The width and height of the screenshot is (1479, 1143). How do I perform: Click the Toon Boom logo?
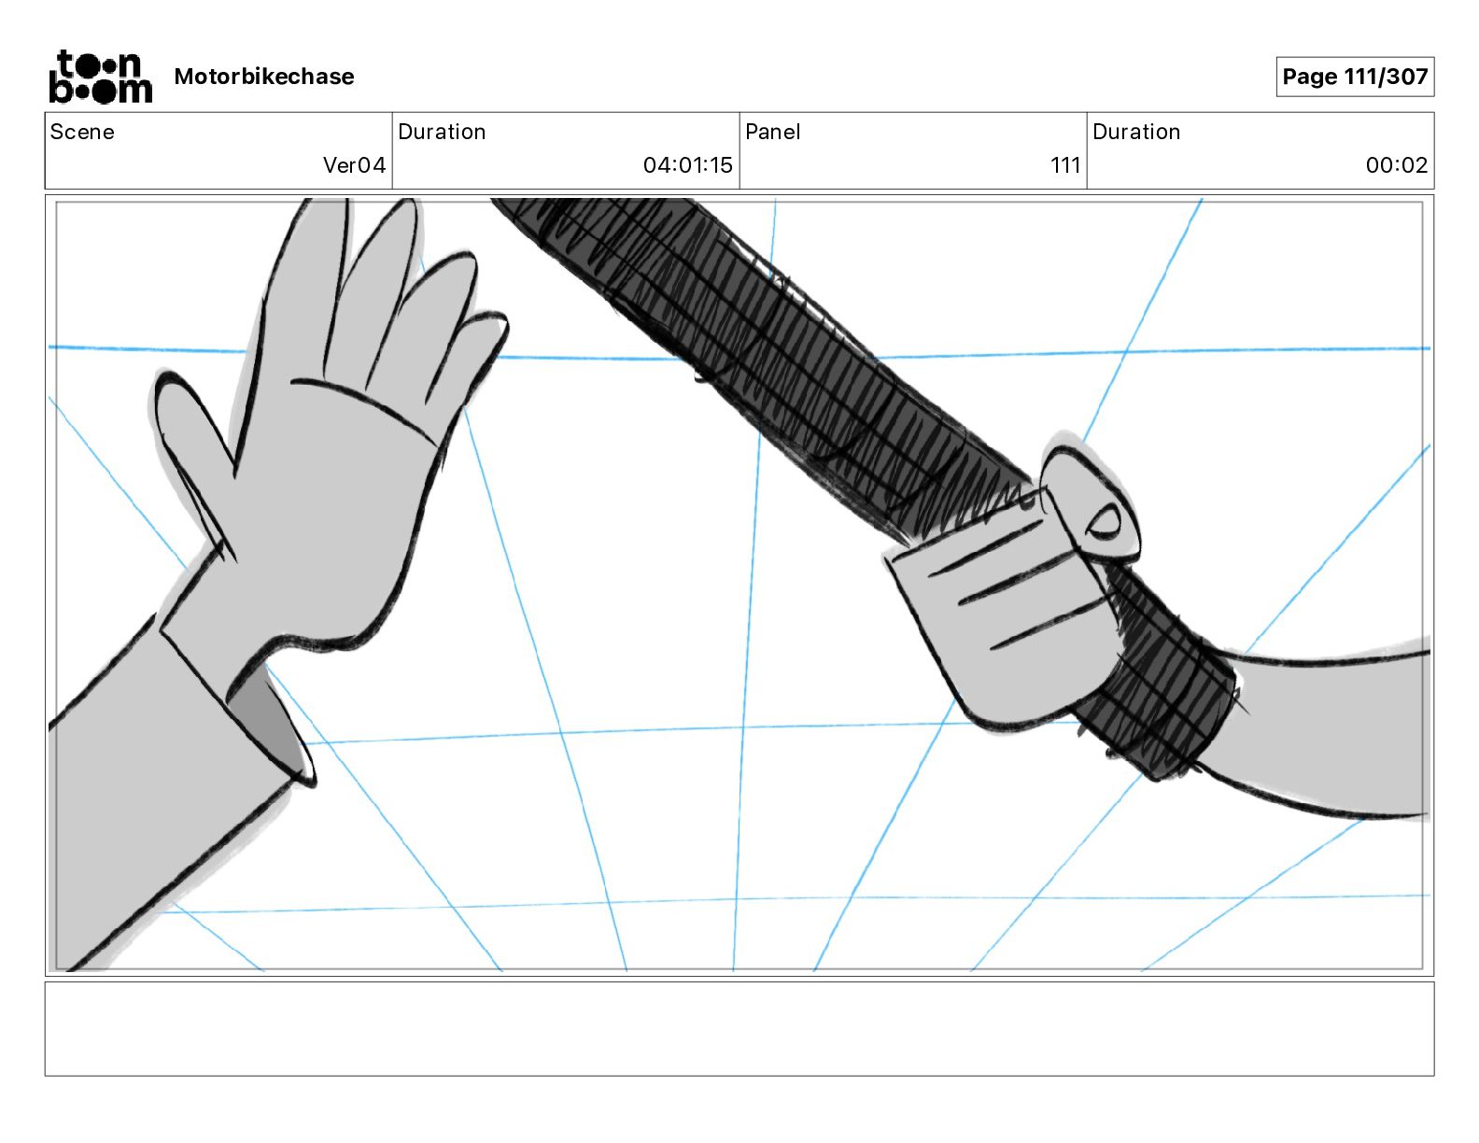click(x=100, y=77)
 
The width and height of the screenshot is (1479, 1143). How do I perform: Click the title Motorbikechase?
click(x=264, y=77)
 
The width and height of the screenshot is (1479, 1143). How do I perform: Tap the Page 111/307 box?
click(x=1355, y=77)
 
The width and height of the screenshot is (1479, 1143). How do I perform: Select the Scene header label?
click(x=82, y=132)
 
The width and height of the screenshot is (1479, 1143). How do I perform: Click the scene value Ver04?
click(x=354, y=165)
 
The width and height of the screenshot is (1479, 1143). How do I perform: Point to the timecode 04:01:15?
click(x=687, y=165)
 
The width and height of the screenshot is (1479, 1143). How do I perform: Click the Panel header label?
click(x=772, y=132)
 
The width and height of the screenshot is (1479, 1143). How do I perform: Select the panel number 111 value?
click(x=1064, y=165)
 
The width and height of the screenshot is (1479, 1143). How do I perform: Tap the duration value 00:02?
click(x=1396, y=165)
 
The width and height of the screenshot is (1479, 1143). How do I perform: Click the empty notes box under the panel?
click(x=739, y=1028)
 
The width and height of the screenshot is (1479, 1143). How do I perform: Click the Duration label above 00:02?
click(x=1136, y=132)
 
